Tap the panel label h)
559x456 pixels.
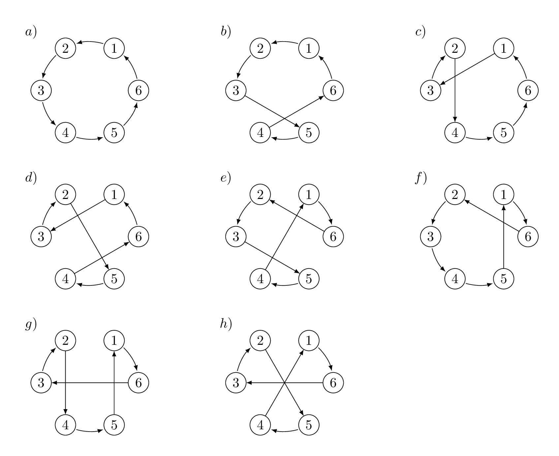(x=226, y=325)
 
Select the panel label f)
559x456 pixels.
(x=420, y=178)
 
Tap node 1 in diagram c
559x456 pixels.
(x=504, y=49)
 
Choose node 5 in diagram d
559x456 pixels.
(x=114, y=279)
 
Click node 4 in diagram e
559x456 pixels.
(x=260, y=279)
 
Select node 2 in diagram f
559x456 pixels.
(x=455, y=195)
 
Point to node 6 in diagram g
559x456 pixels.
(x=139, y=383)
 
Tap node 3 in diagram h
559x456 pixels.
(x=236, y=383)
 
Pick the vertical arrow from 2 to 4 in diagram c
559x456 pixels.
(x=455, y=91)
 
